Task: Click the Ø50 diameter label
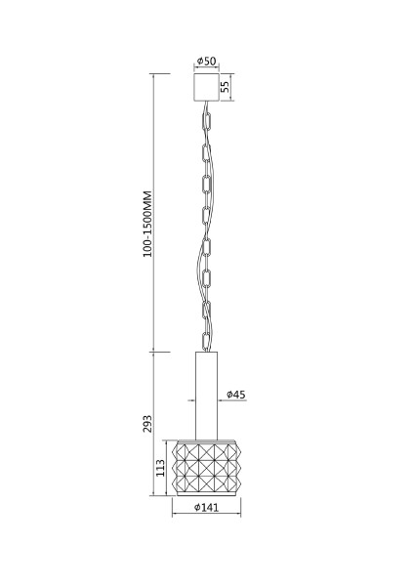point(206,61)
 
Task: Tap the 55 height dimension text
point(225,87)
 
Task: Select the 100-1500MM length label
point(147,224)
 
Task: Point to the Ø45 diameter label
point(236,395)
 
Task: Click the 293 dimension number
point(147,424)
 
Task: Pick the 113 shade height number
point(160,468)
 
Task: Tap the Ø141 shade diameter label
point(206,507)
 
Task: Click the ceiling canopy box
point(206,87)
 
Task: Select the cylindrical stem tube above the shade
point(206,396)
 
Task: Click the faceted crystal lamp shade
point(206,468)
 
